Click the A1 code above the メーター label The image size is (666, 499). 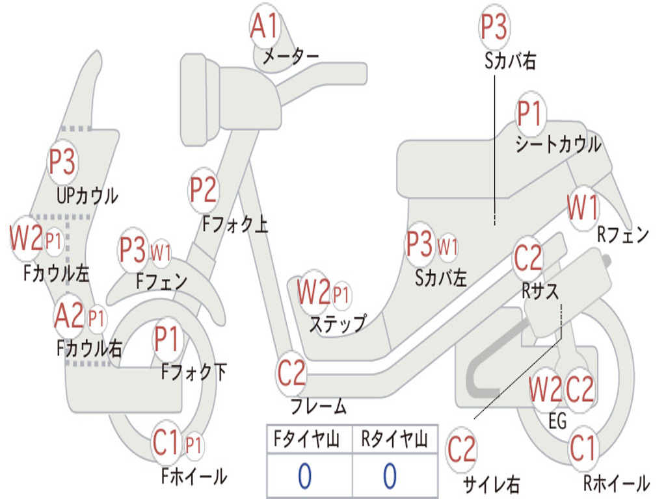click(264, 27)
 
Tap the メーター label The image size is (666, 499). click(290, 57)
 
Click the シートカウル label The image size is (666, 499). click(558, 144)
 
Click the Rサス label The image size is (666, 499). click(540, 291)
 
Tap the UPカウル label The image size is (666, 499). click(87, 195)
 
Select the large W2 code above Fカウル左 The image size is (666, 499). click(26, 238)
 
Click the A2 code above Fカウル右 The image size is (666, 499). click(69, 317)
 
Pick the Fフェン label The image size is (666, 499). click(162, 281)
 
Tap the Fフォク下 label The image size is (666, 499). click(194, 372)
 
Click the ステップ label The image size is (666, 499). click(337, 323)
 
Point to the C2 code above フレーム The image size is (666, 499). click(291, 374)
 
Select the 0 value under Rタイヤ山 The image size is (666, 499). click(390, 476)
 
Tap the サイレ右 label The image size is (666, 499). click(491, 483)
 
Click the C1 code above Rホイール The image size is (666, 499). click(583, 448)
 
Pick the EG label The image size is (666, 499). click(557, 421)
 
